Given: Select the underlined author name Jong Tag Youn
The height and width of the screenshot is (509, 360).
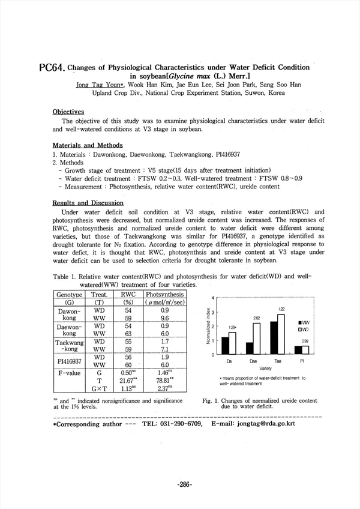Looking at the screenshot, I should click(x=98, y=85).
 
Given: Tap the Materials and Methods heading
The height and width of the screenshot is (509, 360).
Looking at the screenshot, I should click(x=87, y=145).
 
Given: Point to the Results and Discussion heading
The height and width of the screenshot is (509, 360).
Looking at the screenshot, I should click(x=88, y=203).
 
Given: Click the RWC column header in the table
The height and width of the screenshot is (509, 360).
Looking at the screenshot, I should click(x=128, y=295).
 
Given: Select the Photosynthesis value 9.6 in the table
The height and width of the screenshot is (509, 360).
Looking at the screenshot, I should click(x=164, y=318).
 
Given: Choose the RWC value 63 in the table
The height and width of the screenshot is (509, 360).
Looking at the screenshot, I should click(x=128, y=334).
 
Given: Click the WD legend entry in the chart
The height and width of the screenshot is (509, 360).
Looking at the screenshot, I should click(x=303, y=329).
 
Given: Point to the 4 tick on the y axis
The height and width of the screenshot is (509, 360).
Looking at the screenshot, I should click(x=214, y=298).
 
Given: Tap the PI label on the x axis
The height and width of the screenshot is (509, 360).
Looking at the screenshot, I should click(x=301, y=361).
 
